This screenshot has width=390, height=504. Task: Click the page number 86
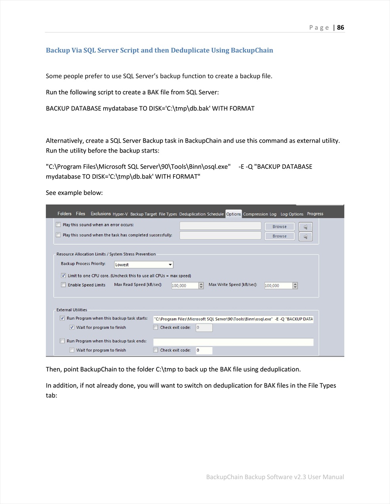341,27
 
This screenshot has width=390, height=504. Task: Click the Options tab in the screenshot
234,214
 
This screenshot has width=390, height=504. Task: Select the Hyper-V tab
120,214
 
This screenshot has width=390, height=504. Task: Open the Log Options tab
292,214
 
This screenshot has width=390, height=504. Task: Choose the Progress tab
315,214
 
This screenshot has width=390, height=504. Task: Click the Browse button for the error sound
280,227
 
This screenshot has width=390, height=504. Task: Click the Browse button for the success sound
280,236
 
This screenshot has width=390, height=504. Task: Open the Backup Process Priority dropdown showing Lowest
144,264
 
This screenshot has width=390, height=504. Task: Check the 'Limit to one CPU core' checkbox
63,276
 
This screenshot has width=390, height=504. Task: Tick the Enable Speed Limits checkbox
63,285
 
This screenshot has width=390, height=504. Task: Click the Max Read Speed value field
185,285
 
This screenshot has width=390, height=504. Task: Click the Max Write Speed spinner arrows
295,285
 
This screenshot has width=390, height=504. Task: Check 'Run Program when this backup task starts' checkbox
62,318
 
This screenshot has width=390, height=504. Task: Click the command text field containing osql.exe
233,319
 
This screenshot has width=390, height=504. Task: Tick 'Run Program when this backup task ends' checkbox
62,341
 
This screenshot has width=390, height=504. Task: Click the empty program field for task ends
233,342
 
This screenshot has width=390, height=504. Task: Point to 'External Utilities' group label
72,310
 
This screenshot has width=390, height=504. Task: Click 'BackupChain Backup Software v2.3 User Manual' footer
275,477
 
